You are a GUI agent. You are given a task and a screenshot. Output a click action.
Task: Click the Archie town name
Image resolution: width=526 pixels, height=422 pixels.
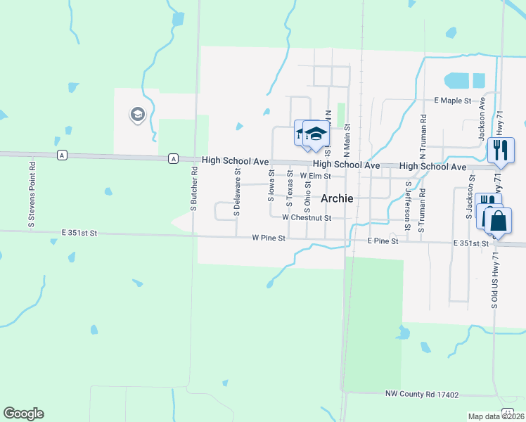click(337, 198)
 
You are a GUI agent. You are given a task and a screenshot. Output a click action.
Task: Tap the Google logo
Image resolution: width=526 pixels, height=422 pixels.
click(23, 414)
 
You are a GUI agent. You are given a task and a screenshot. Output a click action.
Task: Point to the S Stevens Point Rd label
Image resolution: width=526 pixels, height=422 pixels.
click(32, 193)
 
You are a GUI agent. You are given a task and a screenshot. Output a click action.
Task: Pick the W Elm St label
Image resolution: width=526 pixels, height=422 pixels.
click(315, 176)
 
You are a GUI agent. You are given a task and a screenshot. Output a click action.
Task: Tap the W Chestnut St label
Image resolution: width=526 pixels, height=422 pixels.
click(307, 218)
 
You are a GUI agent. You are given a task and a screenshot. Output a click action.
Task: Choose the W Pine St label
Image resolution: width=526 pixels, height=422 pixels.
click(269, 238)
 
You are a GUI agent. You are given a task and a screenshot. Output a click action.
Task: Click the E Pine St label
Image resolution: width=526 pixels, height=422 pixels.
click(383, 241)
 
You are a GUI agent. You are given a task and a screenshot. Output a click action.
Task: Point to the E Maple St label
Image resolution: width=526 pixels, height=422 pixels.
click(452, 101)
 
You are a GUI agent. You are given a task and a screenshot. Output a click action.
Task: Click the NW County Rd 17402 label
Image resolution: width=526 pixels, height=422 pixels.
click(422, 395)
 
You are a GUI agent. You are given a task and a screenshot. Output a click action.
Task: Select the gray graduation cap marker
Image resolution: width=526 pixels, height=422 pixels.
click(136, 114)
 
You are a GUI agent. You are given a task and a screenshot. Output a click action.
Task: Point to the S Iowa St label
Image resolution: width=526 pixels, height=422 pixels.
click(271, 185)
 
